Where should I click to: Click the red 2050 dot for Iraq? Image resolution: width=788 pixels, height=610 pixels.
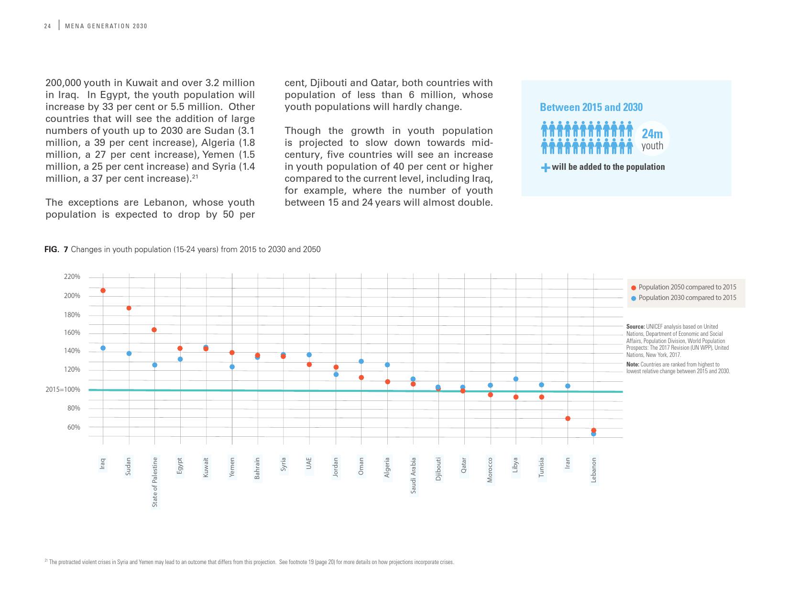coord(103,290)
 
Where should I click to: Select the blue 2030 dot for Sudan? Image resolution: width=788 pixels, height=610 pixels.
coord(129,354)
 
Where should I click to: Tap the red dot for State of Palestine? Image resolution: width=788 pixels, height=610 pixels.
coord(154,330)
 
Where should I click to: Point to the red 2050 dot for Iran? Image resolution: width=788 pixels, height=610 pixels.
coord(568,419)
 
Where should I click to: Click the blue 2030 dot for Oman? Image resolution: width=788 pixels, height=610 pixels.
coord(361,361)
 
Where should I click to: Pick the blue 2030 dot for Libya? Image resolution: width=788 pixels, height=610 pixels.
coord(515,379)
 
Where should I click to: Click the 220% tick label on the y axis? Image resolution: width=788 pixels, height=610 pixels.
coord(72,277)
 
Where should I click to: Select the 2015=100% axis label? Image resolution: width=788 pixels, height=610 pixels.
coord(63,389)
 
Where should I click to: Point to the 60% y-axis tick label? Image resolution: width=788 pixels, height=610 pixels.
coord(74,427)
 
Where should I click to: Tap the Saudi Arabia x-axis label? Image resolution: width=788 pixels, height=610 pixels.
coord(413,476)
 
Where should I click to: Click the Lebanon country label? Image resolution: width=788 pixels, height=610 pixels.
coord(593,470)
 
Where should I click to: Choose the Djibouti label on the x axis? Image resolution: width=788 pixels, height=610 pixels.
coord(438,469)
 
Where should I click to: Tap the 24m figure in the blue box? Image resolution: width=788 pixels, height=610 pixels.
coord(652,134)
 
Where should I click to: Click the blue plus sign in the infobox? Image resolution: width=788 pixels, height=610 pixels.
coord(545,167)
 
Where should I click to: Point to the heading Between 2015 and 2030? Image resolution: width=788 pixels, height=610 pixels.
coord(591,107)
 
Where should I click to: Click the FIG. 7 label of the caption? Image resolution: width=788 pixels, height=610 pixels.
coord(56,249)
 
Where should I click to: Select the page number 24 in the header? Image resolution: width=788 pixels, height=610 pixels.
coord(47,26)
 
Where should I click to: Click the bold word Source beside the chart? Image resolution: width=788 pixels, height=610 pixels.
coord(635,327)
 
